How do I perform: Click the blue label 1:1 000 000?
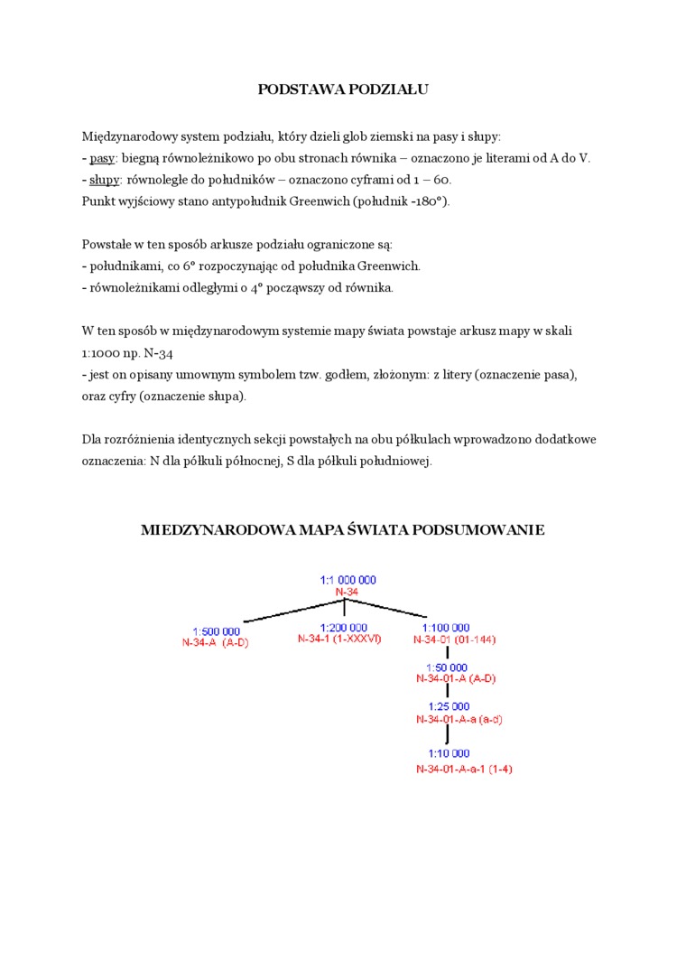[348, 580]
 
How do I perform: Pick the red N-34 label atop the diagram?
[348, 592]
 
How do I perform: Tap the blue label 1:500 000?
[216, 631]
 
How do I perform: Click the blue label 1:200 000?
[343, 627]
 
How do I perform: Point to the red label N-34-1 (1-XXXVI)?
[339, 639]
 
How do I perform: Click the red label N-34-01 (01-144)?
[454, 640]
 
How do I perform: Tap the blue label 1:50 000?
[448, 667]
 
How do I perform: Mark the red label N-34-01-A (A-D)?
[456, 678]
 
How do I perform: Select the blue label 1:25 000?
[448, 706]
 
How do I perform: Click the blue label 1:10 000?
[448, 753]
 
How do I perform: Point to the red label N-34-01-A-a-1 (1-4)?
[464, 769]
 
